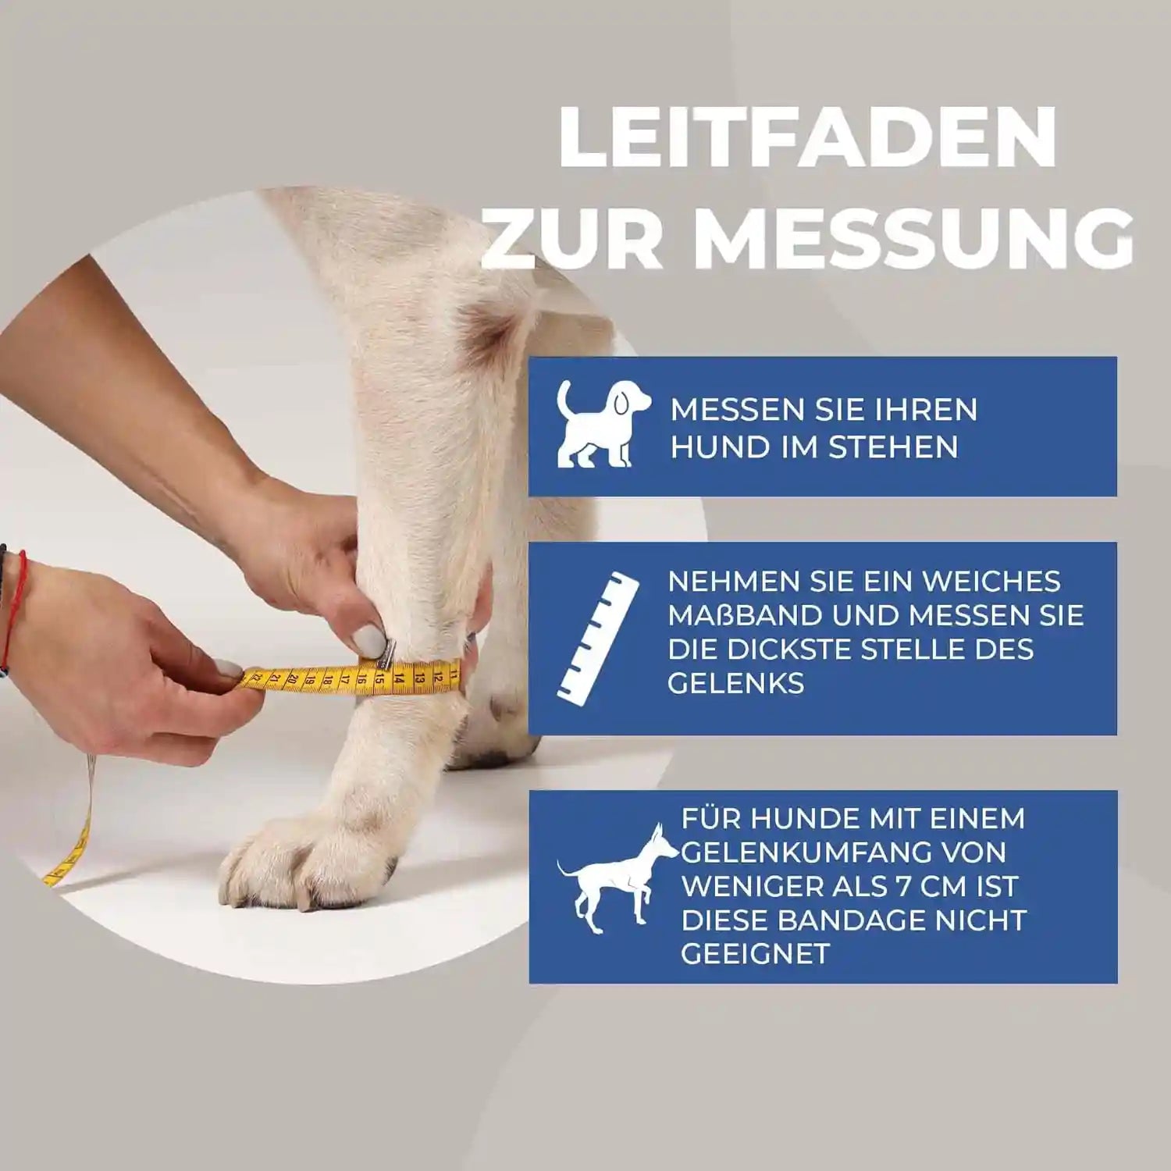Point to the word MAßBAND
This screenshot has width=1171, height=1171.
click(746, 615)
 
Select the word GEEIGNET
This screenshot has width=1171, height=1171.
click(755, 954)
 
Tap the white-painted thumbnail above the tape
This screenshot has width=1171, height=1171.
click(369, 642)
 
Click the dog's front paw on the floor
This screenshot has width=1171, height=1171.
click(312, 859)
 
